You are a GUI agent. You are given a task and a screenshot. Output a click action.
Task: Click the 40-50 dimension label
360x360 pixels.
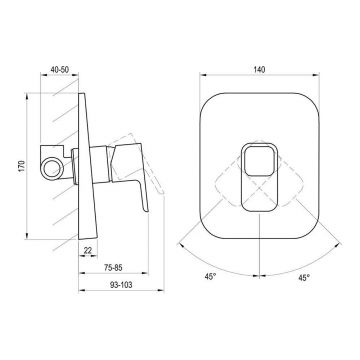59,69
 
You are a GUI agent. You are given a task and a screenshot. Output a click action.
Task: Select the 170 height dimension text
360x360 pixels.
22,166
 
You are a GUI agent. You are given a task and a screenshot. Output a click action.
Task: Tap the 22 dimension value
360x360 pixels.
88,250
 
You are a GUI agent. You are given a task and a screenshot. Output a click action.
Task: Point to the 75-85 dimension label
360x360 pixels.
113,267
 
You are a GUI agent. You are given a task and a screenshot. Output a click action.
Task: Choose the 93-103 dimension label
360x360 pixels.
121,285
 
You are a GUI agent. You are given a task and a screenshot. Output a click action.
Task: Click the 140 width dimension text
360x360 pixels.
259,70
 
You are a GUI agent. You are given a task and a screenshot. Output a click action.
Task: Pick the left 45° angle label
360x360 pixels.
210,277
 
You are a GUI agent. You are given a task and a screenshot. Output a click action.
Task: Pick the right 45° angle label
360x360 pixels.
304,278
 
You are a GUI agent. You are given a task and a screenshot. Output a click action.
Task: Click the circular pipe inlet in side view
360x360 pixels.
52,167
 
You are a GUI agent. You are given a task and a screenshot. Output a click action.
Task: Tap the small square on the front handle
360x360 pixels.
259,160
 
